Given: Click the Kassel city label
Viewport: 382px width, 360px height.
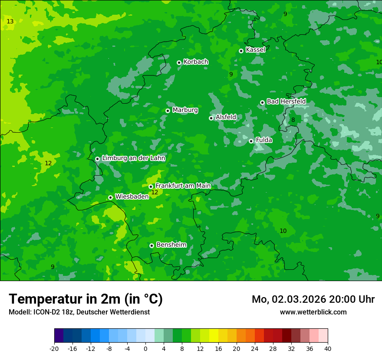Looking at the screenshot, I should click(x=255, y=50).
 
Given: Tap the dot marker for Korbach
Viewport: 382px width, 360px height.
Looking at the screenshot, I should click(x=179, y=62).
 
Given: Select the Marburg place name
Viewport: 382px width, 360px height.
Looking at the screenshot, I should click(x=185, y=110).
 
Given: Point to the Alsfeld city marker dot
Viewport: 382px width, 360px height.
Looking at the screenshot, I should click(x=211, y=118).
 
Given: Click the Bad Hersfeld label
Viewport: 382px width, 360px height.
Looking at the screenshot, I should click(x=286, y=101).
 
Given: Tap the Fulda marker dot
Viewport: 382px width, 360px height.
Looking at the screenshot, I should click(x=251, y=141).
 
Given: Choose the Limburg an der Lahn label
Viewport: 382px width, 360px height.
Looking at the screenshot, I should click(x=133, y=158).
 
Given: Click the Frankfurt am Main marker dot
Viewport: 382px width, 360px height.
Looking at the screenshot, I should click(x=151, y=187).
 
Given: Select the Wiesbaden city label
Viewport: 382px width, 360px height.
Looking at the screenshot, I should click(x=132, y=196).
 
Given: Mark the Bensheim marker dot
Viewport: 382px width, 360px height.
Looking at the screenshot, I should click(x=151, y=245).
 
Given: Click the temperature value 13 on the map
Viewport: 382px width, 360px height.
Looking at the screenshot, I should click(x=10, y=22).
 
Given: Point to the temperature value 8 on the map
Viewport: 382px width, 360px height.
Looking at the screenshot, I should click(x=293, y=120).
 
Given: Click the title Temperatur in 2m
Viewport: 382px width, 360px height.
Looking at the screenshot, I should click(x=86, y=299).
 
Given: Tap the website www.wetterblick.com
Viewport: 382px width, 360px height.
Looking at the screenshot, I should click(x=313, y=312).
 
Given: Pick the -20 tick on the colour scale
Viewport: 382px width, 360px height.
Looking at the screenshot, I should click(x=54, y=348).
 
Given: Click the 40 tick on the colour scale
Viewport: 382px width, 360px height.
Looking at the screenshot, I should click(x=327, y=348).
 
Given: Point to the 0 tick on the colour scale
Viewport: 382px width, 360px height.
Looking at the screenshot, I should click(x=145, y=348).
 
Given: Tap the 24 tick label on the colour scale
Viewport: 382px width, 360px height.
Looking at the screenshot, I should click(x=254, y=348).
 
